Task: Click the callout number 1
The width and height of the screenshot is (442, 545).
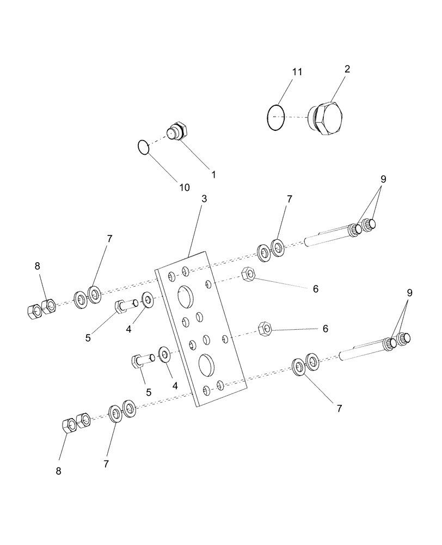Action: [213, 175]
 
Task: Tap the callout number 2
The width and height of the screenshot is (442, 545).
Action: [347, 69]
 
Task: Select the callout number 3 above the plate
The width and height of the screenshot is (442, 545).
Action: [204, 199]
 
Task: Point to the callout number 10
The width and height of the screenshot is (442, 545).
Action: [184, 187]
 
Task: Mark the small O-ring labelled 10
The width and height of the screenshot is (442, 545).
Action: [143, 147]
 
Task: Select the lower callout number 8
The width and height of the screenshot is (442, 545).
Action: [58, 471]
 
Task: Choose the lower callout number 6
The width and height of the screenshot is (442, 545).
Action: [325, 329]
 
